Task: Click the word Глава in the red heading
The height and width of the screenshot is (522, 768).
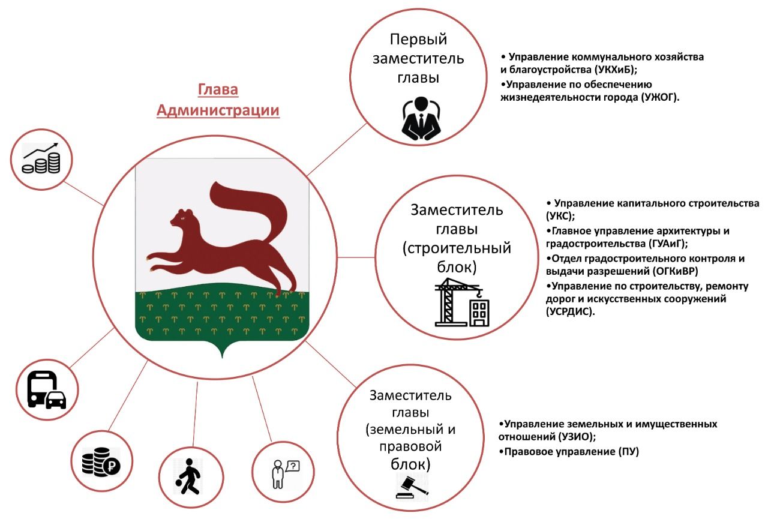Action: click(x=218, y=89)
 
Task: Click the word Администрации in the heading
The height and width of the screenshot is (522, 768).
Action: click(x=218, y=110)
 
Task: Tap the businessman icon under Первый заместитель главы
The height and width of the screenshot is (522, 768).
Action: click(x=421, y=118)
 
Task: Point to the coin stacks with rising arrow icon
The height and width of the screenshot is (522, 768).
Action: click(x=41, y=158)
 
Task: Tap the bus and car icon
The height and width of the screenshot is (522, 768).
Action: click(x=47, y=389)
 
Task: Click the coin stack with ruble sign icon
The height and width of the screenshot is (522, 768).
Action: click(x=101, y=461)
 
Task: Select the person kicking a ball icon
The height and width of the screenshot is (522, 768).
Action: click(x=188, y=476)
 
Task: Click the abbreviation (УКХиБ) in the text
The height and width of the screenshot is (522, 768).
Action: click(x=616, y=70)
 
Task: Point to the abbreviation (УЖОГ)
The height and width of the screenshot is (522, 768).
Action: click(x=660, y=97)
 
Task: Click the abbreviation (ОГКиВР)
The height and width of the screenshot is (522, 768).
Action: click(x=675, y=271)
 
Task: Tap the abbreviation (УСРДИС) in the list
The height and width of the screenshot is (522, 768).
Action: click(x=570, y=311)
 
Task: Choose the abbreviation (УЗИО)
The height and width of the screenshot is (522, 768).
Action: click(x=577, y=437)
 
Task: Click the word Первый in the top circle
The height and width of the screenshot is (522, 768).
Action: click(x=418, y=40)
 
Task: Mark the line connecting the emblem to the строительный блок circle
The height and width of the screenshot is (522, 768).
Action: click(x=356, y=257)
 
